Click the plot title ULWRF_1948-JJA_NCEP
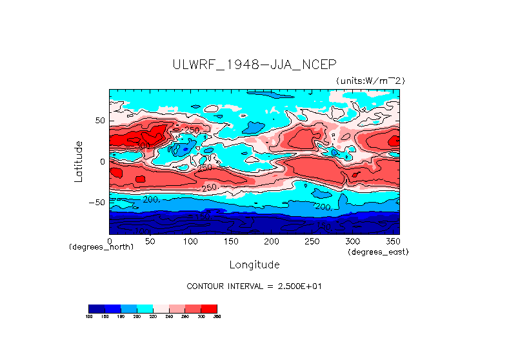tap(254, 65)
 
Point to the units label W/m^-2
tap(370, 80)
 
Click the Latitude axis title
tap(78, 161)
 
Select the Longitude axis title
tap(254, 265)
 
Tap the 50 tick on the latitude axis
tap(99, 121)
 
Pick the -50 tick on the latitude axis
tap(97, 202)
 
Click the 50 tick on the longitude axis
tap(150, 241)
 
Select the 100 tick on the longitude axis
tap(190, 241)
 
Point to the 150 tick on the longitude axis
tap(230, 241)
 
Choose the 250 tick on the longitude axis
tap(311, 241)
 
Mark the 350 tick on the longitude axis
tap(392, 241)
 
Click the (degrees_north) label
tap(101, 247)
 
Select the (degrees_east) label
tap(377, 252)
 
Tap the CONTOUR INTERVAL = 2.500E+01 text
tap(254, 286)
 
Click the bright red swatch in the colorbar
tap(209, 308)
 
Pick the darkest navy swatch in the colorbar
tap(96, 308)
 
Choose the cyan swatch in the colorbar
tap(145, 308)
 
